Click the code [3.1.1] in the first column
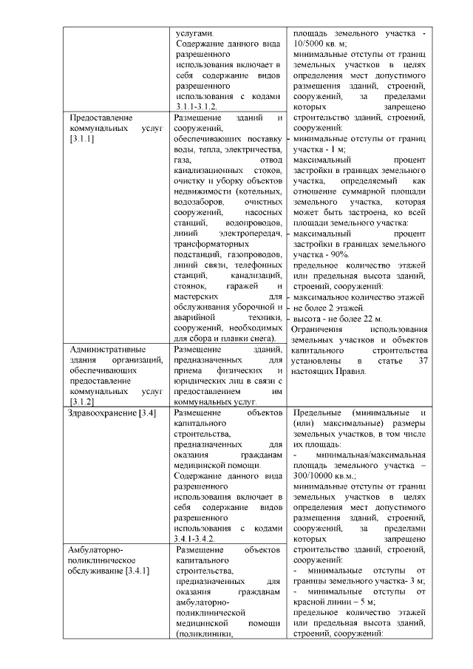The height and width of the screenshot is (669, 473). pyautogui.click(x=81, y=139)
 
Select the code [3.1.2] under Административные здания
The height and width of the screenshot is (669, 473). pyautogui.click(x=81, y=401)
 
